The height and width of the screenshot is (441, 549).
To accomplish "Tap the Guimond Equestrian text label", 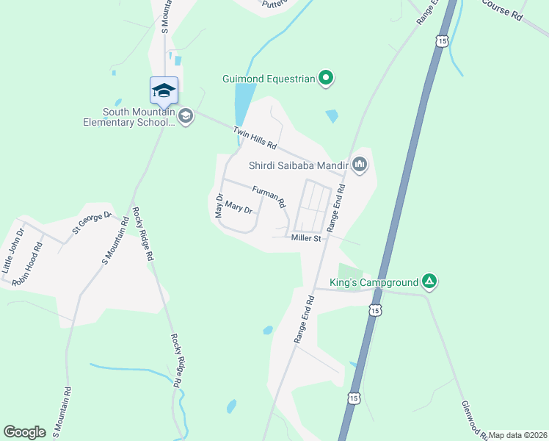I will coord(269,78).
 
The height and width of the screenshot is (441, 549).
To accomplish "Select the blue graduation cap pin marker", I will coord(164,91).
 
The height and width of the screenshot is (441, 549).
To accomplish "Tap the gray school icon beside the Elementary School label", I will coord(186,116).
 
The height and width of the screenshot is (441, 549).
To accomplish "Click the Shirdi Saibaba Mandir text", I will coord(297,165).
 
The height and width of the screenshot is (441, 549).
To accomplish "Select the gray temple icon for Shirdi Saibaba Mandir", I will coord(359,164).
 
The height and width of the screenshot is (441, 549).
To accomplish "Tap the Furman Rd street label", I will coord(268,196).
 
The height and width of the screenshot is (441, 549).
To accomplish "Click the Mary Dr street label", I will coord(239,208).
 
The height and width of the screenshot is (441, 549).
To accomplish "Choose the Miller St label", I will coord(306,238).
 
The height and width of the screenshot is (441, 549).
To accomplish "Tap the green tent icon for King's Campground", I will coord(430,282).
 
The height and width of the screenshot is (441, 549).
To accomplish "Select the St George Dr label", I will coord(91,223).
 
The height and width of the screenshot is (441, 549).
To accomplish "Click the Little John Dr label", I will coord(13,251).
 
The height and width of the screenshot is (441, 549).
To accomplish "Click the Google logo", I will coord(25,432).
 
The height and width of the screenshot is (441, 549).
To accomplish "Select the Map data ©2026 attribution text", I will coord(517,435).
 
